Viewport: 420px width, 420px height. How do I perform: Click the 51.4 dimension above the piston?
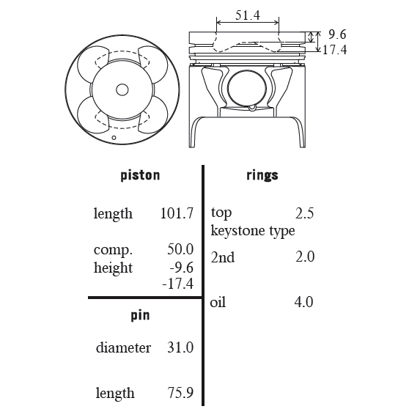(248, 15)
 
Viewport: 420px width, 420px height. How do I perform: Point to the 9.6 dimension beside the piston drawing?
(337, 34)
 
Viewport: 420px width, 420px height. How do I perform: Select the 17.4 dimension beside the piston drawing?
(335, 50)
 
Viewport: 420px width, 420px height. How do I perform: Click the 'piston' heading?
(140, 176)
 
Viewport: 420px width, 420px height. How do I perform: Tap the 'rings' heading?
(262, 175)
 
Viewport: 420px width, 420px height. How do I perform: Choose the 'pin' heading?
(140, 315)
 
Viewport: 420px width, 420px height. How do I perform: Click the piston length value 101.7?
(177, 213)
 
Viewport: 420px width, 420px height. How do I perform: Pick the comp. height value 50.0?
(180, 249)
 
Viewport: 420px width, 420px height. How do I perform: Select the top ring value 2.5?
(304, 213)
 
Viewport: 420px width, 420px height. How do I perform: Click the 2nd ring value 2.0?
(305, 257)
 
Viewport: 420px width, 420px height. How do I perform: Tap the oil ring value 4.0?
(303, 302)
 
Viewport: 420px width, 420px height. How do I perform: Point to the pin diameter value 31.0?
(180, 347)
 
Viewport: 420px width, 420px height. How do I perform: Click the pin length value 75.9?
(180, 393)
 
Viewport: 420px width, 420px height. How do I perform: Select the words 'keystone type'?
(253, 231)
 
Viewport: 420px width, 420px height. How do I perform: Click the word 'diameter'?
(123, 347)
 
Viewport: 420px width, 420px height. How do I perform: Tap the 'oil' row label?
(218, 302)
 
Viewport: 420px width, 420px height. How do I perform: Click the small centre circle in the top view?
(122, 90)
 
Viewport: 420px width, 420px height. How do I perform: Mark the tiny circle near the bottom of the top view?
(114, 138)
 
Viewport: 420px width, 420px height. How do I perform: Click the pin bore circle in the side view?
(247, 89)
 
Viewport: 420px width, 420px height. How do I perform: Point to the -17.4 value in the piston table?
(178, 284)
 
